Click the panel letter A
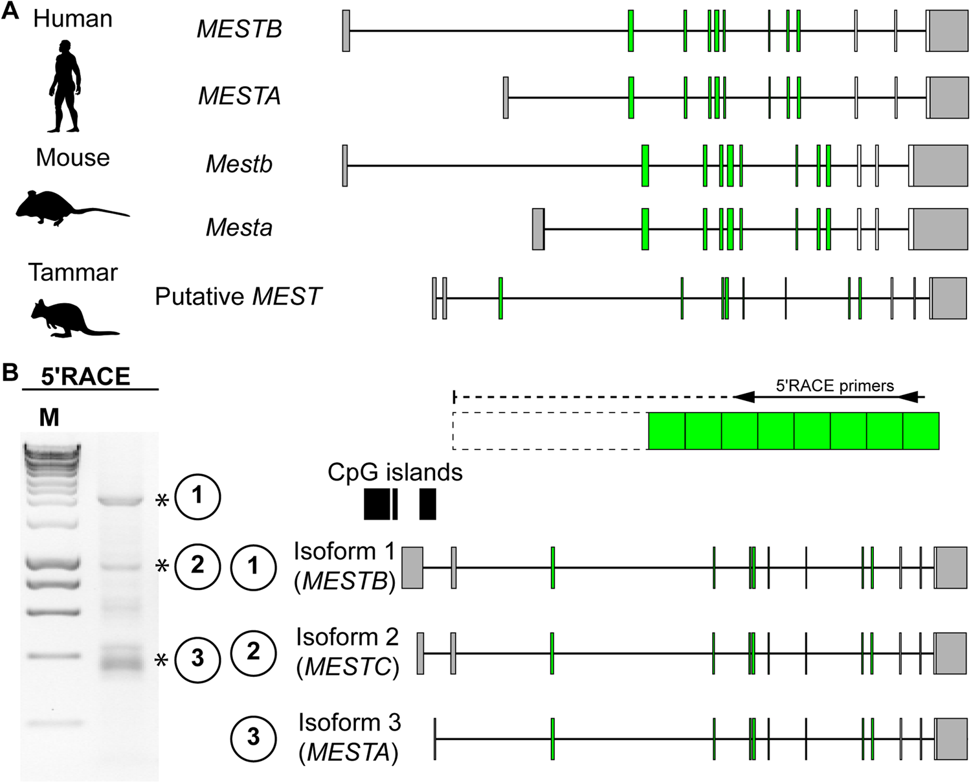(10, 12)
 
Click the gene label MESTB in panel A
(239, 29)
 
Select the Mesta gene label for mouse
(239, 228)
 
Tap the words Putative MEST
(238, 297)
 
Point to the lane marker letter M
(49, 418)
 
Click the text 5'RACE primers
(834, 386)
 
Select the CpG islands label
(395, 473)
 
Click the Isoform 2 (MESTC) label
(348, 652)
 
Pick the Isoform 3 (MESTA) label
(349, 737)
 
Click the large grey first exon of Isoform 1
(412, 567)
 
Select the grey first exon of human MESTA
(506, 97)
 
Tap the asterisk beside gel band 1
(162, 500)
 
